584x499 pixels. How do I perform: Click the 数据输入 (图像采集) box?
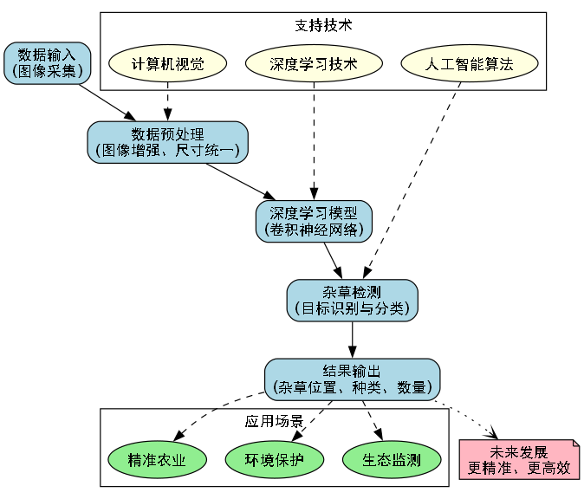tap(48, 63)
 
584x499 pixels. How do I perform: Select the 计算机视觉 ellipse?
tap(167, 64)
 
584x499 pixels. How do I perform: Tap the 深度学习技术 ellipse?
tap(314, 64)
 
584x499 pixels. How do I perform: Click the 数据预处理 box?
tap(167, 142)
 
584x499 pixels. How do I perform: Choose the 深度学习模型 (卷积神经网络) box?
tap(314, 221)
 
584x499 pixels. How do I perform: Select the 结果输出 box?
tap(352, 379)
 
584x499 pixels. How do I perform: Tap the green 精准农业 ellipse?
tap(156, 459)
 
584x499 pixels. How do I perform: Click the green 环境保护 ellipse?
tap(274, 459)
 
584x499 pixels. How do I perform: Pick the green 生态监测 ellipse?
tap(392, 459)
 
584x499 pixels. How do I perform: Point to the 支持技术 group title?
tap(323, 25)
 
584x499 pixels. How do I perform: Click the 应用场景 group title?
tap(274, 422)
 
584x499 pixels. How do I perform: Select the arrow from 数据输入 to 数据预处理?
tap(108, 103)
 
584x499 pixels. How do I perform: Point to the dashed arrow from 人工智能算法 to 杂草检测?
tap(412, 182)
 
